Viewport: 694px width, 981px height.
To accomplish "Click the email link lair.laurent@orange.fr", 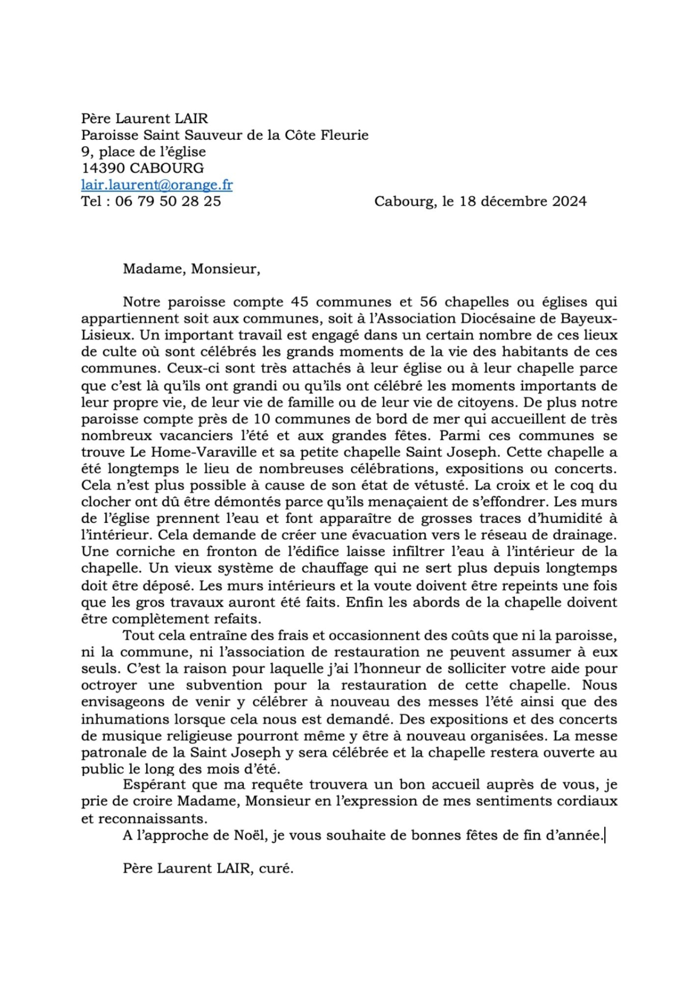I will [157, 185].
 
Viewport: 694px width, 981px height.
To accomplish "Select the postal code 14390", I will [103, 168].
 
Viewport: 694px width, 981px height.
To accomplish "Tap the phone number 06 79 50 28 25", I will [168, 201].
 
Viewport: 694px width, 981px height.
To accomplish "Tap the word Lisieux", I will [106, 335].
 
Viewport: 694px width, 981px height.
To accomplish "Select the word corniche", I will [147, 552].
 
